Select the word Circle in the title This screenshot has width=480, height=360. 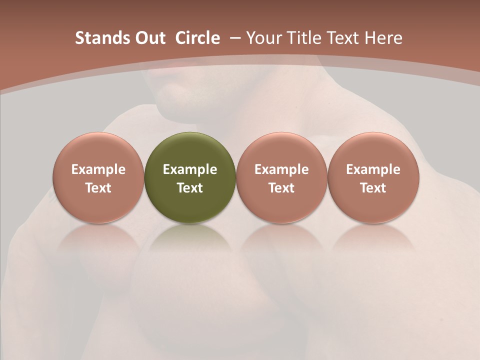tap(197, 38)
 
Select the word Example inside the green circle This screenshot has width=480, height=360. tap(190, 169)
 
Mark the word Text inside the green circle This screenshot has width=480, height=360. tap(190, 188)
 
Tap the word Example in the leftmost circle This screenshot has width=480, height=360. tap(98, 169)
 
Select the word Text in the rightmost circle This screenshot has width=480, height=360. tap(373, 188)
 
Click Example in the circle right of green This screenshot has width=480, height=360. tap(281, 169)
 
